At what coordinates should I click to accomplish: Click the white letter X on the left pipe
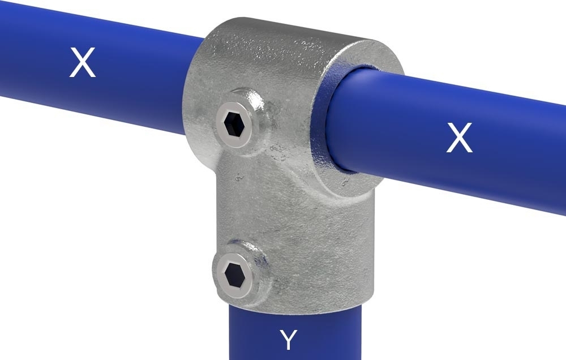click(83, 63)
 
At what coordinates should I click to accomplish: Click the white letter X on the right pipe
click(459, 138)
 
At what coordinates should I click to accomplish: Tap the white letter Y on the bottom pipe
click(288, 340)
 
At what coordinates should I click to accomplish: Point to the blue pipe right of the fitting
click(481, 153)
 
